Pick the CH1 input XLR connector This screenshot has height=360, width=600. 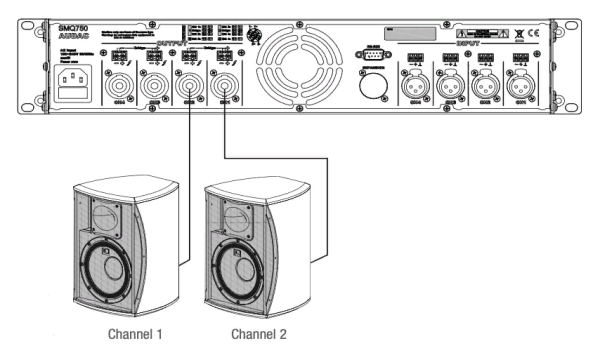[522, 87]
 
